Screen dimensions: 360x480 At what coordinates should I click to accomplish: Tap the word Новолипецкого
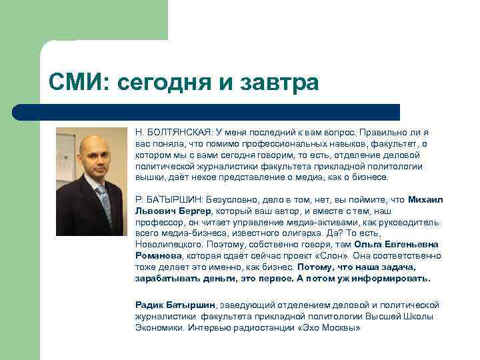165,245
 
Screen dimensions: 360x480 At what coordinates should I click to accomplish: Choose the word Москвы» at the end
342,328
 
